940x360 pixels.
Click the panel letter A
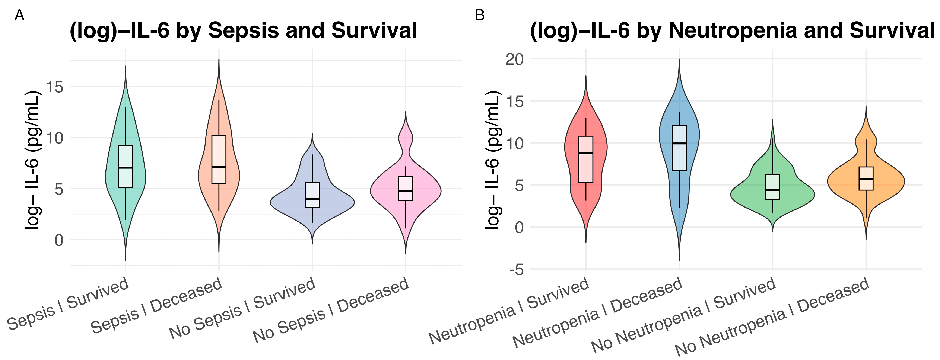pos(19,16)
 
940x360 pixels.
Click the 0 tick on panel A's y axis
pos(59,240)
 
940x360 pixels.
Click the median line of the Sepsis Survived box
pos(126,167)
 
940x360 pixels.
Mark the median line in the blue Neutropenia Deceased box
pos(679,143)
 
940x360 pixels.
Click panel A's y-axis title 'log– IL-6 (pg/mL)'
pos(32,161)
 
